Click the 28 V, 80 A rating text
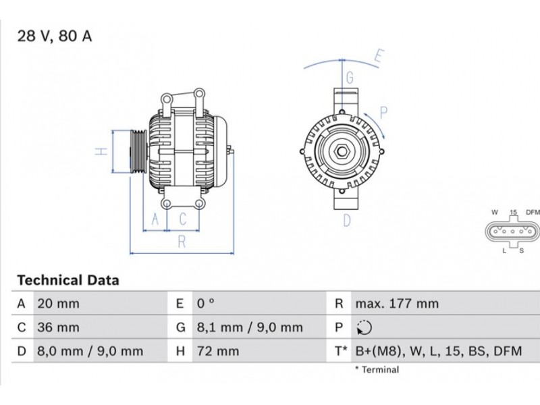tap(55, 36)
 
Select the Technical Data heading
tap(68, 280)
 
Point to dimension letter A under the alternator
tap(155, 219)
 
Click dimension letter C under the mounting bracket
tap(183, 219)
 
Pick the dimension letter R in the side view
tap(182, 242)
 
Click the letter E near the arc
tap(379, 56)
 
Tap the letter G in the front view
tap(350, 78)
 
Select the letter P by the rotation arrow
tap(383, 113)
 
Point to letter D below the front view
tap(347, 221)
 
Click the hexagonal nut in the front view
tap(342, 151)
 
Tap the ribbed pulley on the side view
tap(138, 151)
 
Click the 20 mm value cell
tap(58, 304)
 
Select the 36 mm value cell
tap(58, 327)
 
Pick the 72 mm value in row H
tap(218, 351)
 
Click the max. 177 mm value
tap(397, 304)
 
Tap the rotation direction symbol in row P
tap(364, 327)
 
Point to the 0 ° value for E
tap(206, 304)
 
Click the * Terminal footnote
tap(377, 370)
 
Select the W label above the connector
tap(495, 212)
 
